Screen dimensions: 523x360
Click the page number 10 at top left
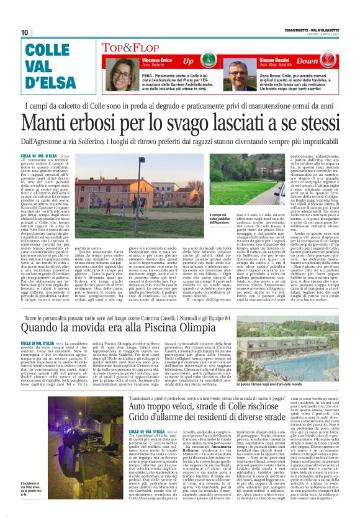coord(24,33)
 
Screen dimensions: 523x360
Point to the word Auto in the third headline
coord(140,404)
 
